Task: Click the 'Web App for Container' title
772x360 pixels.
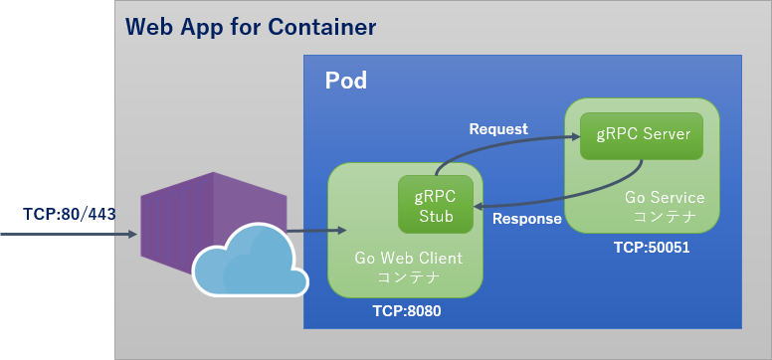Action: [251, 27]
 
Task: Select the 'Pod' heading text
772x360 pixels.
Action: [345, 81]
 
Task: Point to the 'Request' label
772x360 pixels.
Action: [497, 129]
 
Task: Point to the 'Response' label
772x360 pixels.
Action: [527, 219]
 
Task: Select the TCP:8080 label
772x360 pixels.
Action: [406, 310]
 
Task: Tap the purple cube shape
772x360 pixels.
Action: [199, 219]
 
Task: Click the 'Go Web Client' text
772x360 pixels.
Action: [408, 258]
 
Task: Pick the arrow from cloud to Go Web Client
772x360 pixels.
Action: [313, 232]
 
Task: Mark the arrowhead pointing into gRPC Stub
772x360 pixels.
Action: [479, 206]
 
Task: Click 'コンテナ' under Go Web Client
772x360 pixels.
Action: [408, 275]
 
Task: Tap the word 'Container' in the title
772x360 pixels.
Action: [325, 27]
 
